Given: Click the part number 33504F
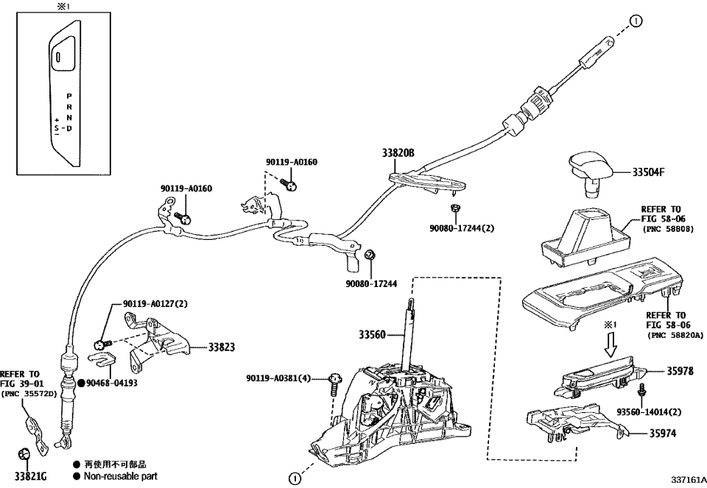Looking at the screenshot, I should point(648,173).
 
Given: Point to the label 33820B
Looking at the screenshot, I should point(398,153).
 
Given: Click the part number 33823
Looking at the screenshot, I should point(222,346).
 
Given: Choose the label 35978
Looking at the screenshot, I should point(679,371).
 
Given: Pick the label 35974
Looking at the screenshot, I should point(679,434).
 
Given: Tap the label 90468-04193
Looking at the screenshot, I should point(110,383).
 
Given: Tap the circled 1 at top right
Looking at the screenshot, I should point(638,21).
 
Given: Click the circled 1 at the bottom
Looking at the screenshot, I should point(294,478).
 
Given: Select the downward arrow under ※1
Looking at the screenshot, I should point(609,342).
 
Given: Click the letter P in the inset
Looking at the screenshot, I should point(68,96).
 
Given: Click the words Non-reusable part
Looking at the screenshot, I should point(120,476).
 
